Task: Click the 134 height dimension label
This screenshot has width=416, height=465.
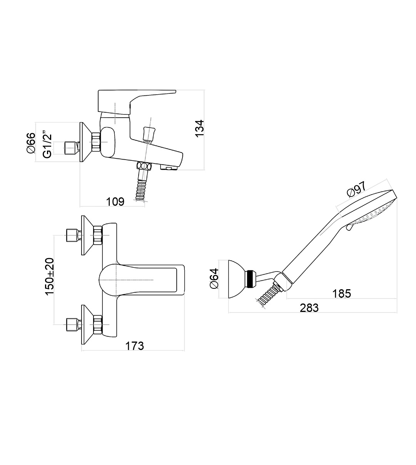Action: [199, 128]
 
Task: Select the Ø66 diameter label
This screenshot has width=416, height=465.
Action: [31, 143]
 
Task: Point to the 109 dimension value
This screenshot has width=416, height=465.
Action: [115, 201]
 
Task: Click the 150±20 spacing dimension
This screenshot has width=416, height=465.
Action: [50, 277]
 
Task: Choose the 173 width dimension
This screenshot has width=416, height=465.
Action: [135, 346]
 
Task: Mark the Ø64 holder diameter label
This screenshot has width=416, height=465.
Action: [214, 278]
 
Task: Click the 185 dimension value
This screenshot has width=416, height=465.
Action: [342, 293]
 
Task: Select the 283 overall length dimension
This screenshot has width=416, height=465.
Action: [309, 308]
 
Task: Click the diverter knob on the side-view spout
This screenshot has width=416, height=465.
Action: [148, 133]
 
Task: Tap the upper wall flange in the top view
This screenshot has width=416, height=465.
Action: [87, 235]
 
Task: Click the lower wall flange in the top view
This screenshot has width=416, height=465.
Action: [87, 324]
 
